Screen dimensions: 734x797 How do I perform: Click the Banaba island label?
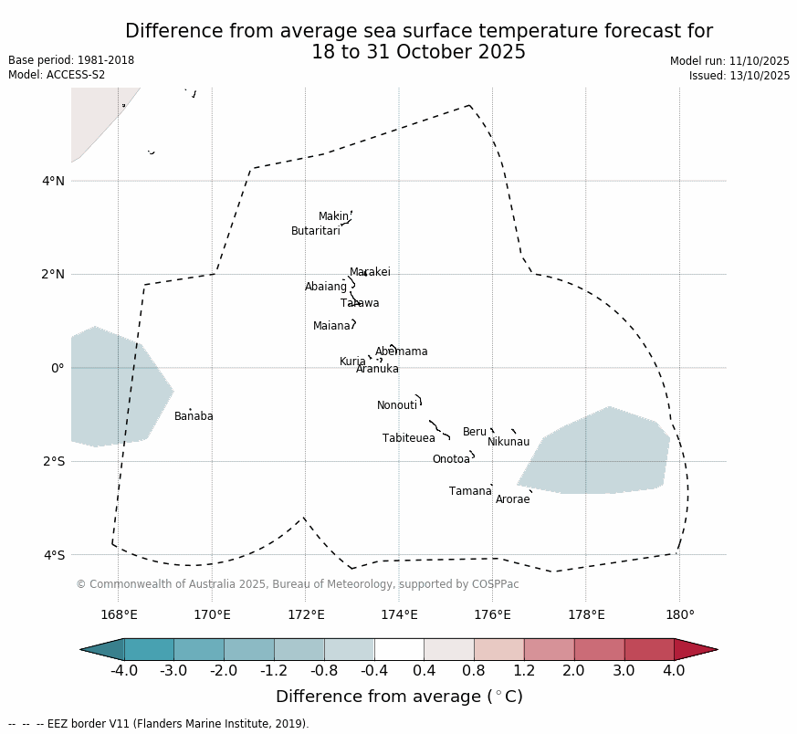[194, 416]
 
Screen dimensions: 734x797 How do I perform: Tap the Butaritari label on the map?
[315, 231]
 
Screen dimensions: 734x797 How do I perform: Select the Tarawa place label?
[360, 303]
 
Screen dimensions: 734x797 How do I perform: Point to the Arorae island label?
[512, 499]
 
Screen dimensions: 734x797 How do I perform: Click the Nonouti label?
[397, 405]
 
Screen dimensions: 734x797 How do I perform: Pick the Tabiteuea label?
[408, 438]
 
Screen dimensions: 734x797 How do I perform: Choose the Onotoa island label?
[451, 459]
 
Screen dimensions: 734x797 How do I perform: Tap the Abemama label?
[401, 351]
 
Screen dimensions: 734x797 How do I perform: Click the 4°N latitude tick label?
[53, 181]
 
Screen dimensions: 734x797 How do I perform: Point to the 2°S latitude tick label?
[53, 461]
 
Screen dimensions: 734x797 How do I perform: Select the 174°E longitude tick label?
[399, 614]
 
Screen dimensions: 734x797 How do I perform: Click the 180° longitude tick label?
[679, 614]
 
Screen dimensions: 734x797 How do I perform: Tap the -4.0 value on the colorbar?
[124, 672]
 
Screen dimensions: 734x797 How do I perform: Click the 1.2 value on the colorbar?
[524, 672]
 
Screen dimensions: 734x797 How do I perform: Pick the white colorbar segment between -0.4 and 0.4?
[399, 649]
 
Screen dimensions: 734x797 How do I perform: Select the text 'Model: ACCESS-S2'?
[57, 75]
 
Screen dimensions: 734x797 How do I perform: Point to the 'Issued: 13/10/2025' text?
[739, 76]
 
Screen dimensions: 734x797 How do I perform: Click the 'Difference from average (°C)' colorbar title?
[399, 697]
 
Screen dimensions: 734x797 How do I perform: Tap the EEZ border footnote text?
[159, 724]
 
